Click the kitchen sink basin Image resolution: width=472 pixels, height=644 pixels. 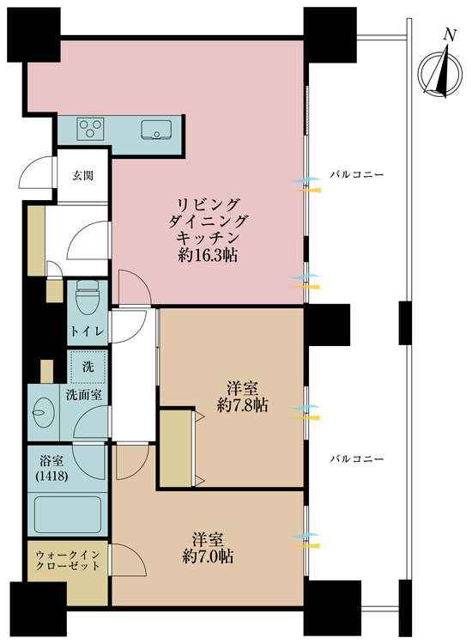158,131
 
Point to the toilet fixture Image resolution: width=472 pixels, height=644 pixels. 87,301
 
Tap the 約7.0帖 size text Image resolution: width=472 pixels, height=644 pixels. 209,556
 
